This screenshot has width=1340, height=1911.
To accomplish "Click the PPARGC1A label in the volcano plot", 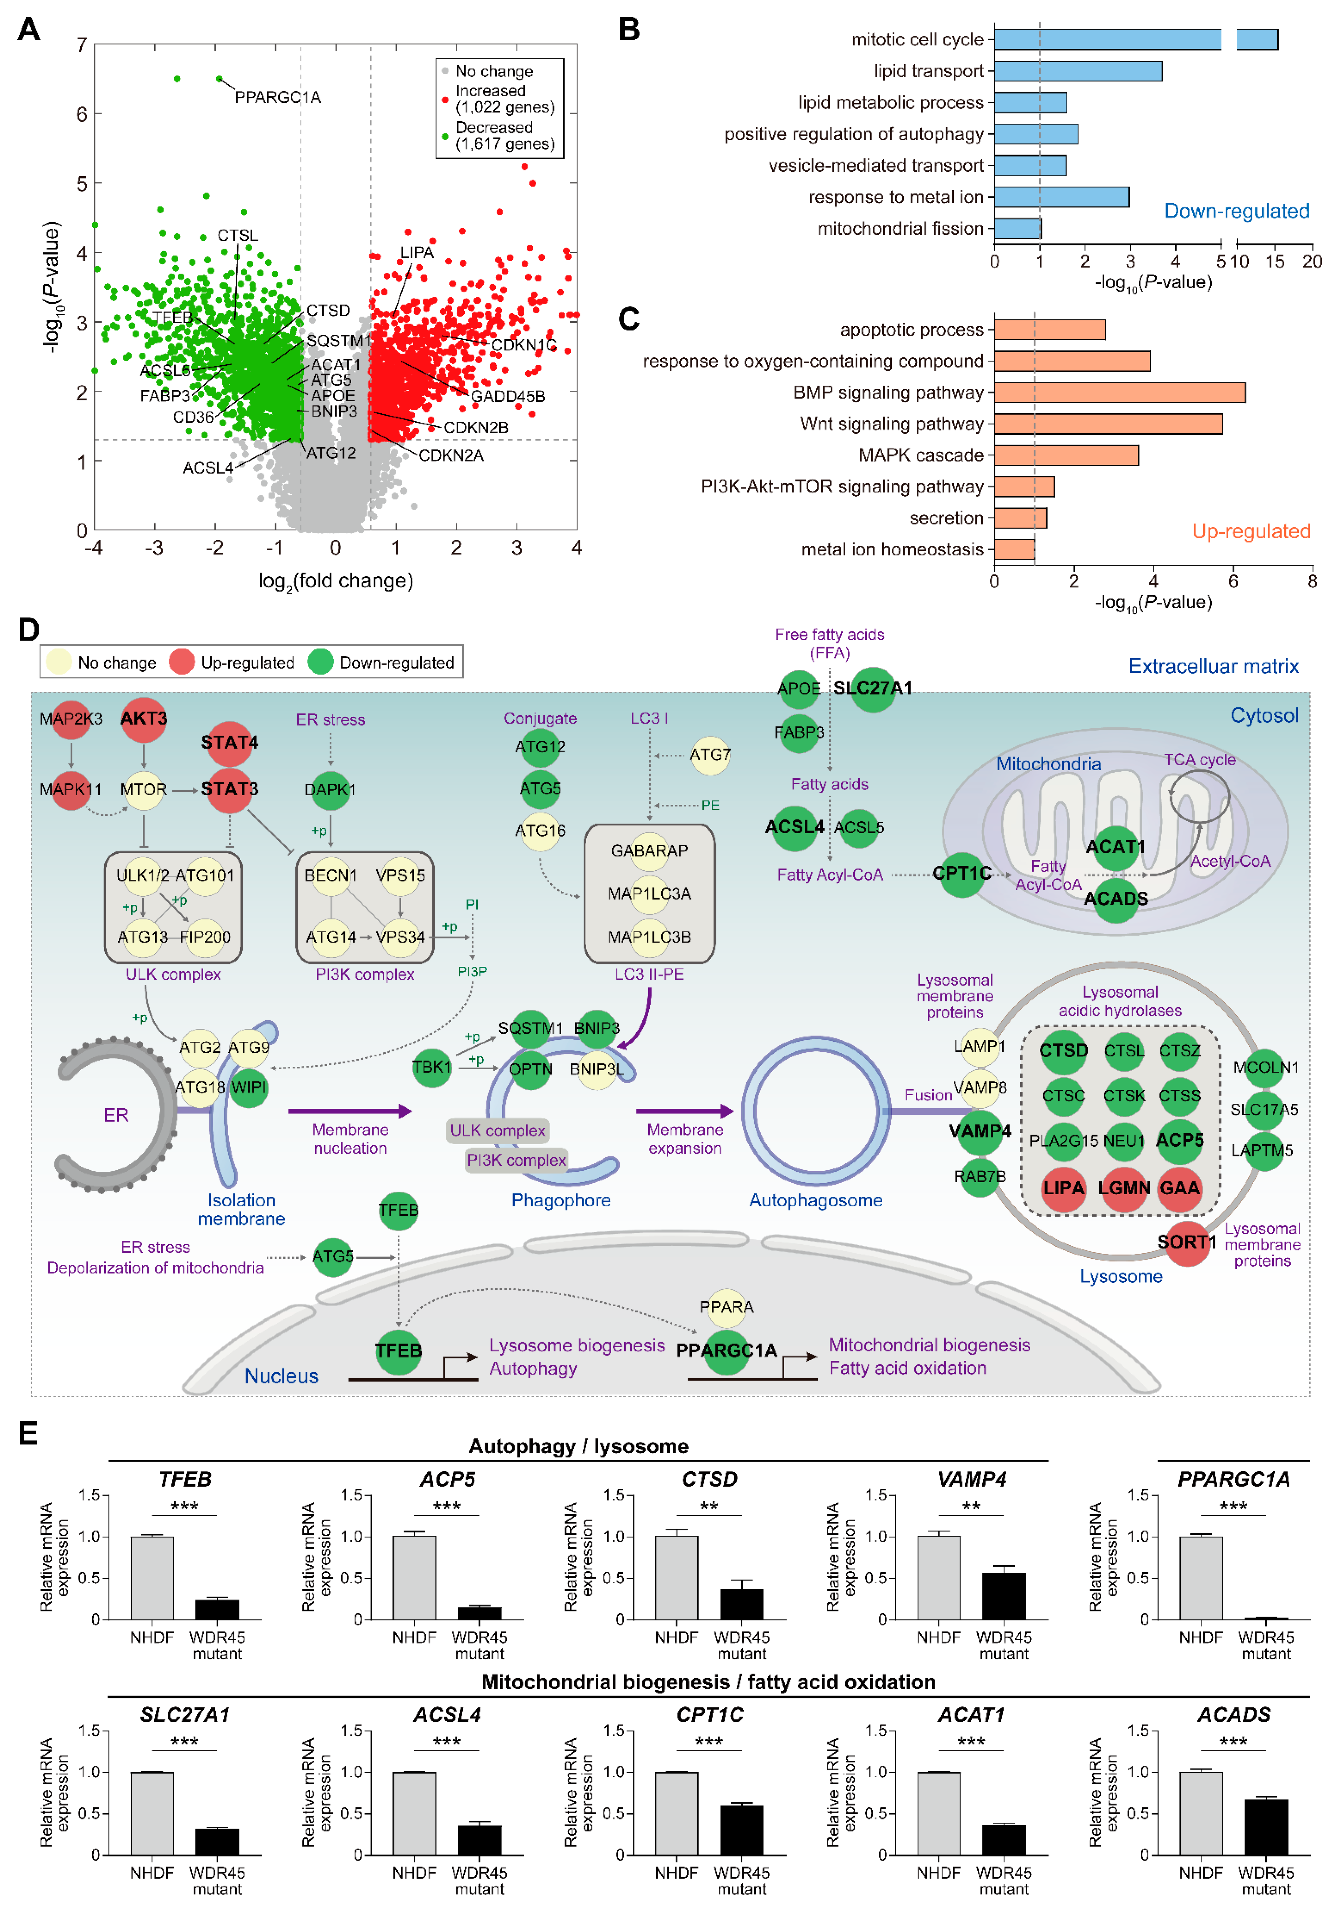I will point(277,97).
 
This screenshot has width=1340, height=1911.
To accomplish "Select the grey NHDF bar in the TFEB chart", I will point(152,1578).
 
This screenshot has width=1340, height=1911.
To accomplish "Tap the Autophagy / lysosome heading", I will point(578,1446).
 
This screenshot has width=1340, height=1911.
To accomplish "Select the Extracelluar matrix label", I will point(1213,667).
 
